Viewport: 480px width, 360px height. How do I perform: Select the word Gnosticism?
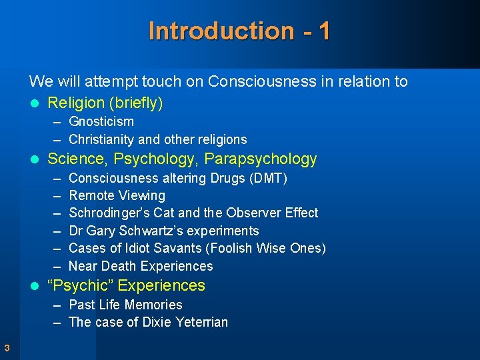tap(101, 121)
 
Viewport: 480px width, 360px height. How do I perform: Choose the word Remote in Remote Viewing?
tap(91, 195)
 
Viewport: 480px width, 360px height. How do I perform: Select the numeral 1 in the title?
tap(323, 31)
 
